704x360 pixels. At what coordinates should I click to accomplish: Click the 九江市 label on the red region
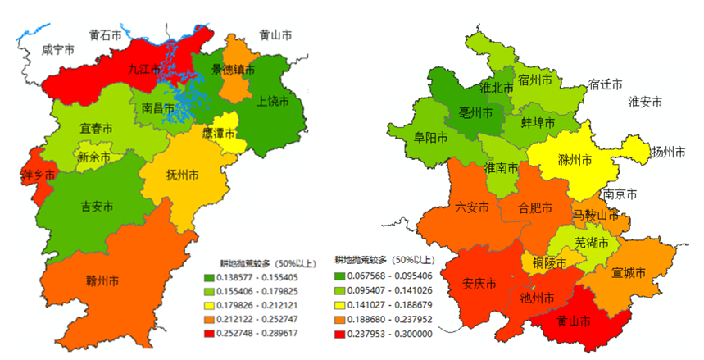pyautogui.click(x=145, y=70)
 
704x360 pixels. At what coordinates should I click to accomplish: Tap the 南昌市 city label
pyautogui.click(x=158, y=107)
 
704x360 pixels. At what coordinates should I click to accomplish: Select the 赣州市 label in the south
pyautogui.click(x=102, y=280)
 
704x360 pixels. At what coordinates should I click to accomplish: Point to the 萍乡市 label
pyautogui.click(x=38, y=175)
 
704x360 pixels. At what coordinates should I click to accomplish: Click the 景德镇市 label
pyautogui.click(x=233, y=70)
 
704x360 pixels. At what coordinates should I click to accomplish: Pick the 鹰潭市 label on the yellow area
pyautogui.click(x=219, y=133)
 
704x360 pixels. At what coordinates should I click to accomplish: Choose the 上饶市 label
pyautogui.click(x=273, y=102)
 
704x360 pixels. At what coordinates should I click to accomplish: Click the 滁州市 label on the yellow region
pyautogui.click(x=574, y=160)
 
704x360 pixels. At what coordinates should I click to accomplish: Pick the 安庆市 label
pyautogui.click(x=479, y=285)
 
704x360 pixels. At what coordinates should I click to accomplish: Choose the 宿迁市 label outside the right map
pyautogui.click(x=605, y=84)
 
